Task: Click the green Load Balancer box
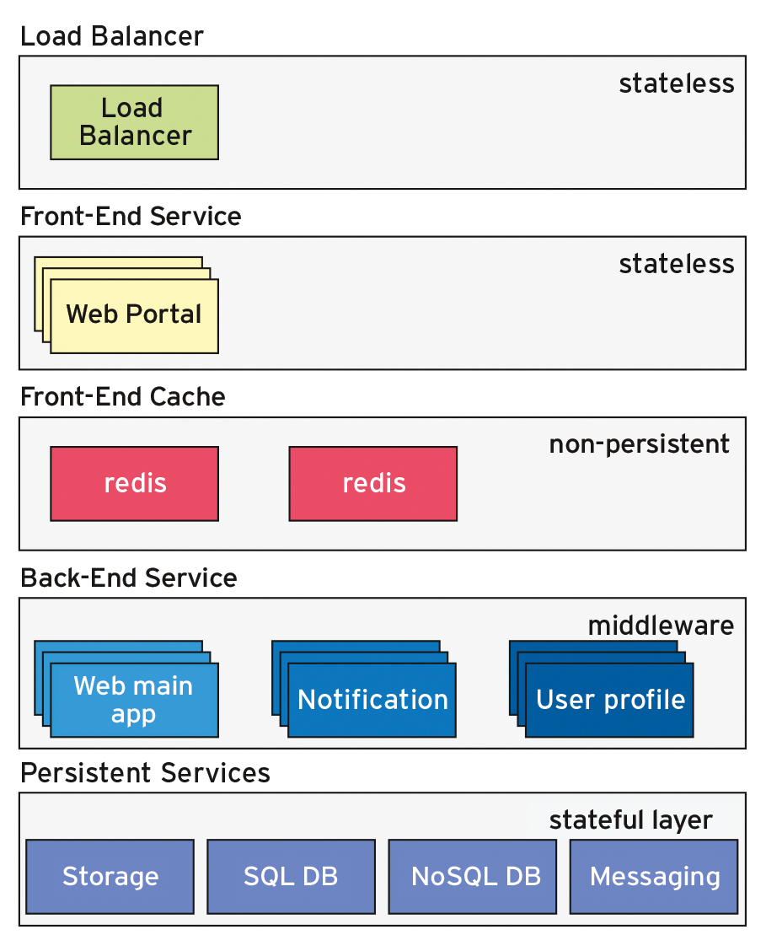134,122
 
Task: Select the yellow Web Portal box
134,315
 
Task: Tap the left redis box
134,483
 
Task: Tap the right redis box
372,483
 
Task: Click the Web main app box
134,700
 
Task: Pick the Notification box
372,700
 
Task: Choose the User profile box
609,700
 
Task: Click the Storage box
110,876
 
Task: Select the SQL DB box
291,876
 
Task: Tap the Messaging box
654,876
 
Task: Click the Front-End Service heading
131,217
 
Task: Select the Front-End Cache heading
123,397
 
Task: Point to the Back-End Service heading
129,578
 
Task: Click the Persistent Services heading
145,772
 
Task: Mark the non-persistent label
639,444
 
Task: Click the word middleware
660,626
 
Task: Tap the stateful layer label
630,819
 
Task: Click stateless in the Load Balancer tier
676,83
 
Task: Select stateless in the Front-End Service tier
676,264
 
